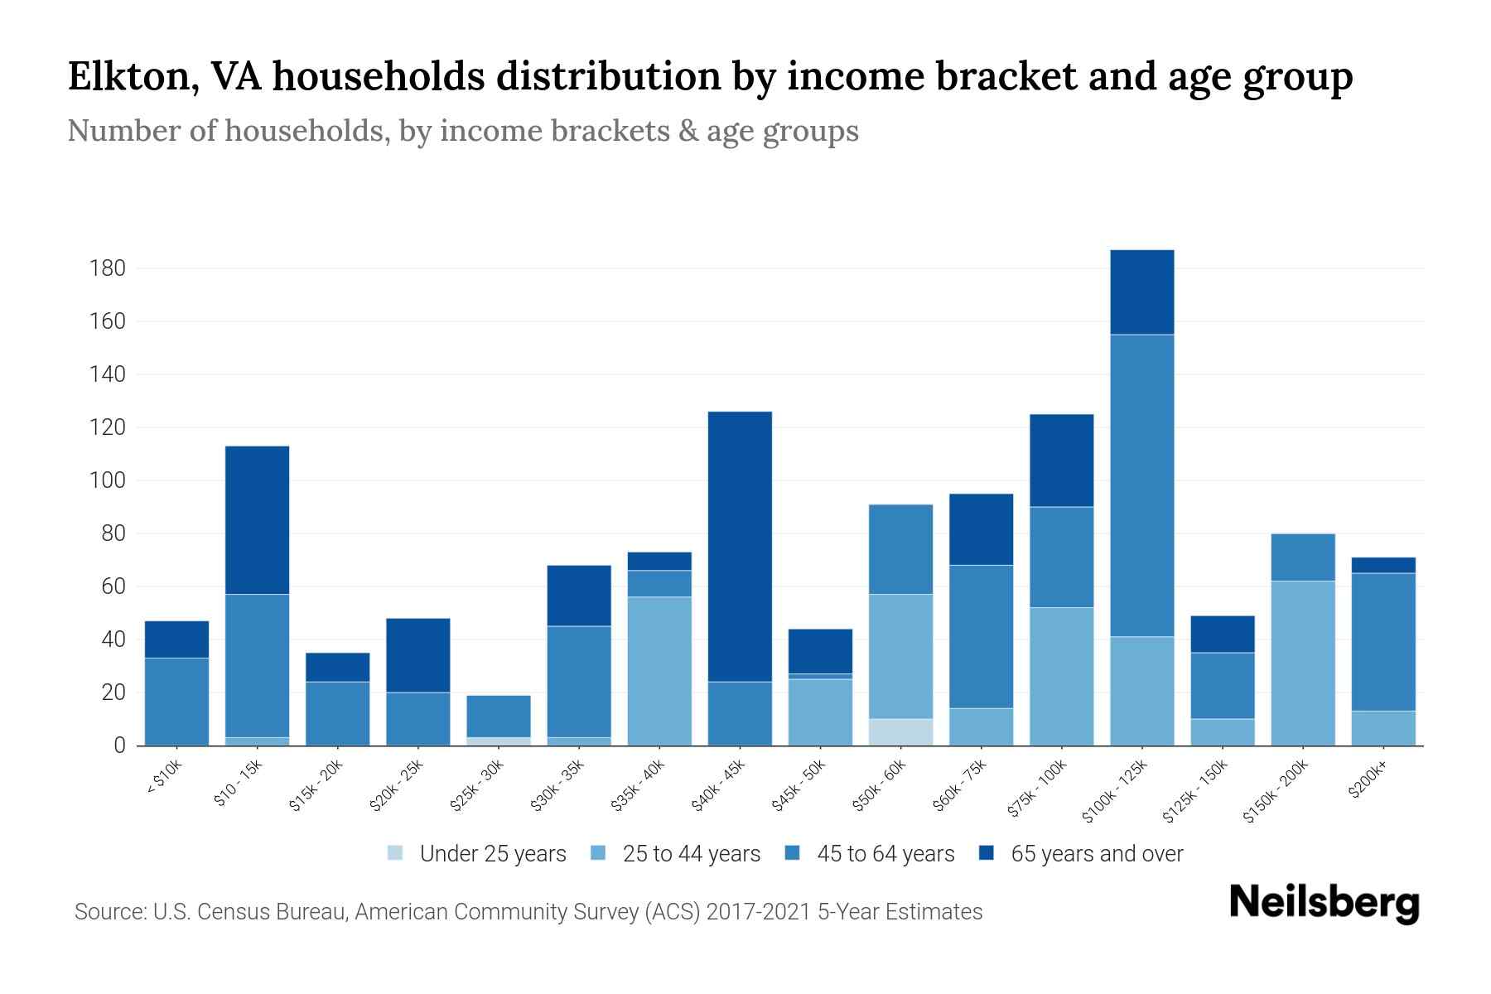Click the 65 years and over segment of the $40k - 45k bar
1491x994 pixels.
pos(740,547)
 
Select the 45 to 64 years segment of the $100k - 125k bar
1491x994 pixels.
pos(1142,485)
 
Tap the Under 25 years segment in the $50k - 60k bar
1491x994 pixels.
pos(900,732)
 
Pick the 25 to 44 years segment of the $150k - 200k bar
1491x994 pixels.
pos(1303,663)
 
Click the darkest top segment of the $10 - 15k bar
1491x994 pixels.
pos(257,520)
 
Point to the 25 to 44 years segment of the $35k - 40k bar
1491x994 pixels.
pos(659,671)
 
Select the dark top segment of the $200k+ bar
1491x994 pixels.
pos(1383,565)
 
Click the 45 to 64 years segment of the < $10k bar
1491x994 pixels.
pos(176,701)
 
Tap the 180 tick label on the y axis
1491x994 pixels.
pos(109,268)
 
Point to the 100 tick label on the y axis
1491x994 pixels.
pos(109,480)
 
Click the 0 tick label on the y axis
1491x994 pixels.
pos(120,745)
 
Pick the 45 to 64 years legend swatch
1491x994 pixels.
pos(793,853)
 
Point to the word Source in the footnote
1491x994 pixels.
pos(108,912)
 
